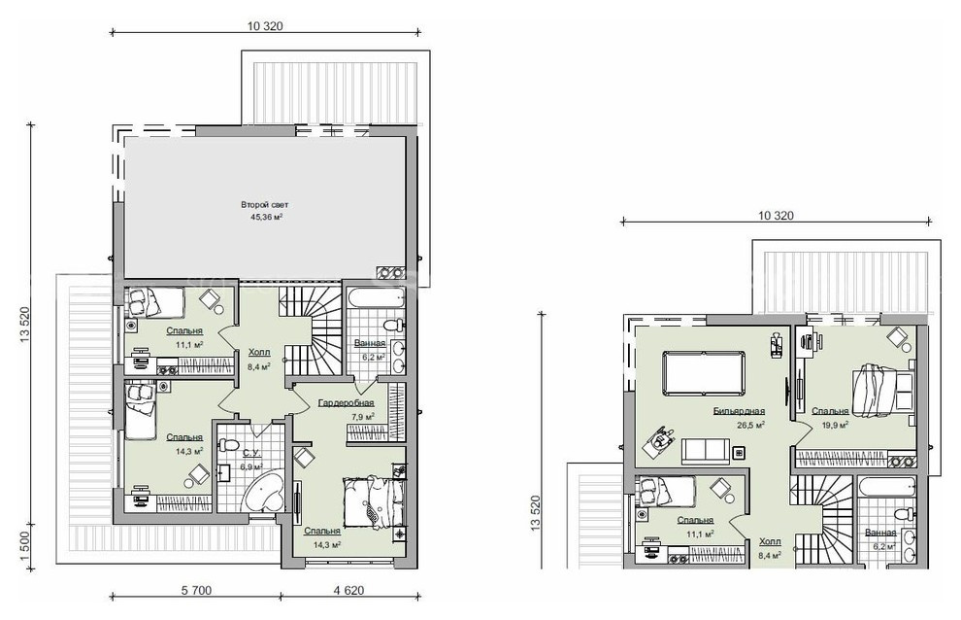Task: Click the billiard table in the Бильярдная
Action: point(704,373)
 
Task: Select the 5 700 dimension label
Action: point(196,591)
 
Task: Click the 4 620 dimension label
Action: point(348,591)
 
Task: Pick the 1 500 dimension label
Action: point(25,544)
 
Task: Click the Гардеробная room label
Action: point(347,403)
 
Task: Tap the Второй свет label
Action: point(265,204)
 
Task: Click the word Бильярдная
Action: point(739,411)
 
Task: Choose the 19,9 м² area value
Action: point(835,424)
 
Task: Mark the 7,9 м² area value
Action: point(362,417)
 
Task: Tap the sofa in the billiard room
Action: point(706,451)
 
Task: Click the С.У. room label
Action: point(251,454)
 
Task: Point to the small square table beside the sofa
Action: point(739,453)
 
